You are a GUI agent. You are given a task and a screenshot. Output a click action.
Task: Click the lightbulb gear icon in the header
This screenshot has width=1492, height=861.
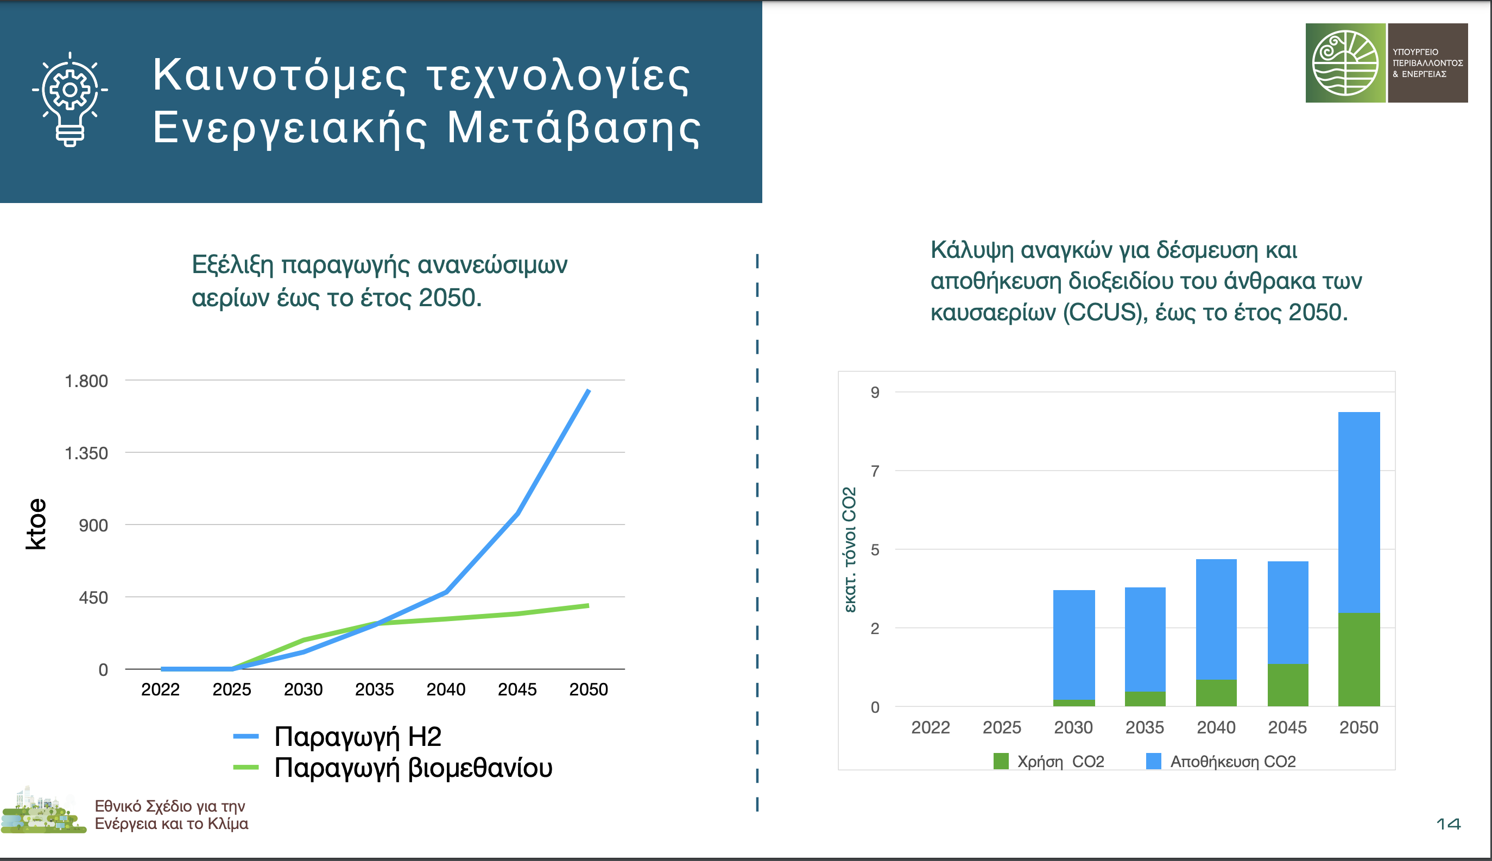[70, 99]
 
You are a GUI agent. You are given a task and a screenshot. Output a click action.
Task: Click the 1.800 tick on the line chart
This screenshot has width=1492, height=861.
[86, 381]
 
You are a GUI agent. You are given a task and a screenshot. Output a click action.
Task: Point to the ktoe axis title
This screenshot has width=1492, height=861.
[36, 524]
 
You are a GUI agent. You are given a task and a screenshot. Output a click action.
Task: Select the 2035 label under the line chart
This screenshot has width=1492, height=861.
[374, 689]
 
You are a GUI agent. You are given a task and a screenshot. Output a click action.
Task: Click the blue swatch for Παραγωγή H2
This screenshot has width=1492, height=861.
[246, 736]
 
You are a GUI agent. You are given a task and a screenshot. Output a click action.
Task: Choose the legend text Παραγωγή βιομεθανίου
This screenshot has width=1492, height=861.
[413, 768]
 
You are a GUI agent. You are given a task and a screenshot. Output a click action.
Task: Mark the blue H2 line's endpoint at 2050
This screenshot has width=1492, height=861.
[589, 390]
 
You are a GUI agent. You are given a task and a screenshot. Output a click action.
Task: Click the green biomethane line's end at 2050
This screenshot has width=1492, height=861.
[589, 605]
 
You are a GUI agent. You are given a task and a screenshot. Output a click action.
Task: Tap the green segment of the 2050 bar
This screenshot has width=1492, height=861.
[1359, 660]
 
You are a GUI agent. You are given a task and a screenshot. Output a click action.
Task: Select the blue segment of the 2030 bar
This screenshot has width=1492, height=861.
[1074, 644]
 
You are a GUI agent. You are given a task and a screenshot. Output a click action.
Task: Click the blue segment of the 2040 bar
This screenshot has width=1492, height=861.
[1216, 619]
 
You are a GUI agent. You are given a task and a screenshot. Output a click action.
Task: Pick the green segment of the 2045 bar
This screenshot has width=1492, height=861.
[1288, 685]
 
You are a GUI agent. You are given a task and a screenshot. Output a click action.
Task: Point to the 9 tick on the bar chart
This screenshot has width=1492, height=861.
[875, 392]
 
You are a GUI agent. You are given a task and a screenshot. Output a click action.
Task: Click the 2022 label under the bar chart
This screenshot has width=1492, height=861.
[931, 727]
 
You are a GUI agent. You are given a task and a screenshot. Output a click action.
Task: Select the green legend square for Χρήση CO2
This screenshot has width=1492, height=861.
[1001, 761]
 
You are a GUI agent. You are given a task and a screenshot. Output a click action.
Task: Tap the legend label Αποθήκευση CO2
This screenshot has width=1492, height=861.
[1233, 762]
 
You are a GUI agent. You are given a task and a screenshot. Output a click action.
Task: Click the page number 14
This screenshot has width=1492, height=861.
[1448, 824]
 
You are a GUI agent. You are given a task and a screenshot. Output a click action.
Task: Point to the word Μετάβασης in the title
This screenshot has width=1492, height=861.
[574, 128]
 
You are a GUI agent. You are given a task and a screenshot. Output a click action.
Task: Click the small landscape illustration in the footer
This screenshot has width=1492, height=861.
[44, 809]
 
